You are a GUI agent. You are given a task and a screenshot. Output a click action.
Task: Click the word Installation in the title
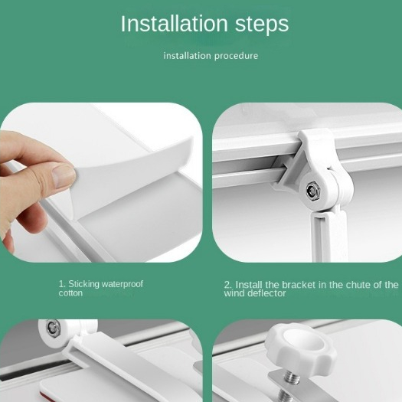[175, 24]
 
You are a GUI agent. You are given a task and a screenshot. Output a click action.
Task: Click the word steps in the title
[262, 25]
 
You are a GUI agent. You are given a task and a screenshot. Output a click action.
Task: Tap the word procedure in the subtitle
[236, 56]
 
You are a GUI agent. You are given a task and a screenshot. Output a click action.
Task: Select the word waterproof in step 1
[123, 284]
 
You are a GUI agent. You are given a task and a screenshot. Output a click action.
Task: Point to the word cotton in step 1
[70, 293]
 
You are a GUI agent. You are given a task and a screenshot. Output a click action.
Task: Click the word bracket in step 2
[299, 285]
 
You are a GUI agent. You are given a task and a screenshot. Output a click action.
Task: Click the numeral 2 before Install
[227, 285]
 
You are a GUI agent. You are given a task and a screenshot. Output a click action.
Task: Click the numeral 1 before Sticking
[61, 284]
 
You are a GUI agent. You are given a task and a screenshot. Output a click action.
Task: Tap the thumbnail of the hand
[62, 176]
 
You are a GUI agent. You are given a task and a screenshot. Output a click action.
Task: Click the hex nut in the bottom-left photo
[54, 328]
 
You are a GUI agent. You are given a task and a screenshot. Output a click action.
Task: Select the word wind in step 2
[234, 293]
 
